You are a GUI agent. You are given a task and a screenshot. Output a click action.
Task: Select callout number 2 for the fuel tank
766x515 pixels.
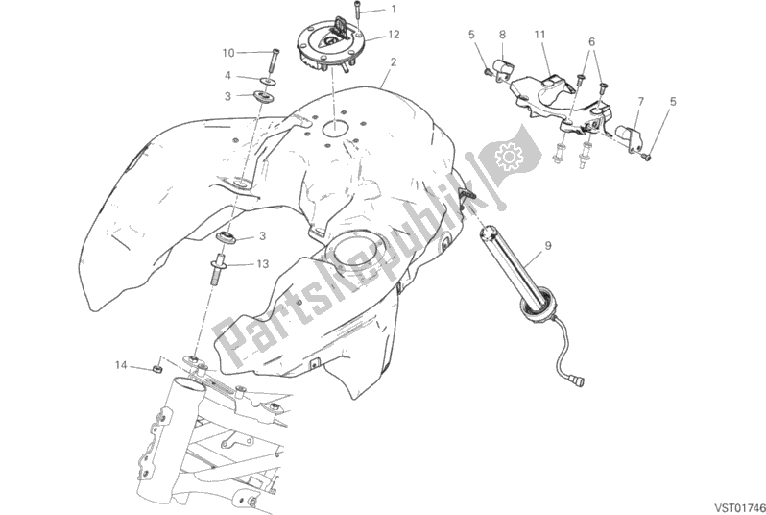point(393,61)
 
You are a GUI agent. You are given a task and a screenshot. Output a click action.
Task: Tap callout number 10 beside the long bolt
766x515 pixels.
point(228,52)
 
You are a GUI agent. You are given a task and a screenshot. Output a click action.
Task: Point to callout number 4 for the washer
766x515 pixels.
point(228,74)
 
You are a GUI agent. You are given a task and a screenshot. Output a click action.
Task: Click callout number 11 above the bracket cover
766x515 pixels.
point(540,35)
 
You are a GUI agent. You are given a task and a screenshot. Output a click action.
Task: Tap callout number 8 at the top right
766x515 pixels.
point(502,35)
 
